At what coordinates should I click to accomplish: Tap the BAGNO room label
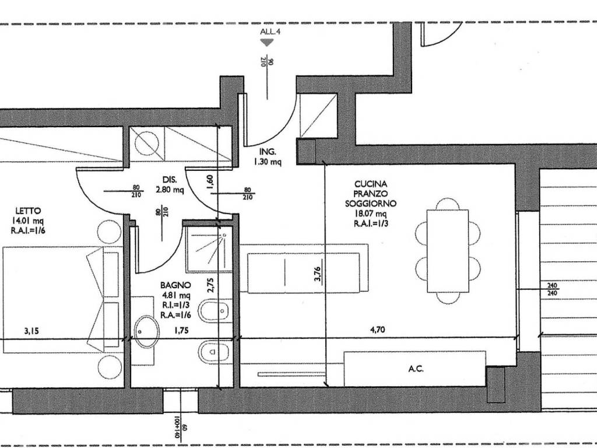(x=176, y=286)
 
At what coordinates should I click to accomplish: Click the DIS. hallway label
(x=170, y=180)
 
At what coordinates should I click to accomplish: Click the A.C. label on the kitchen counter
(x=415, y=369)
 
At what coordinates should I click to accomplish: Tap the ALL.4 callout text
(x=271, y=32)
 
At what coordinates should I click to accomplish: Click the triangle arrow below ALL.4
(x=267, y=43)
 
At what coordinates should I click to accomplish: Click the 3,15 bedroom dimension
(x=32, y=331)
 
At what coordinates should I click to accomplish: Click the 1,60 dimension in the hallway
(x=210, y=184)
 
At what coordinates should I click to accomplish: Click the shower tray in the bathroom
(x=205, y=249)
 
